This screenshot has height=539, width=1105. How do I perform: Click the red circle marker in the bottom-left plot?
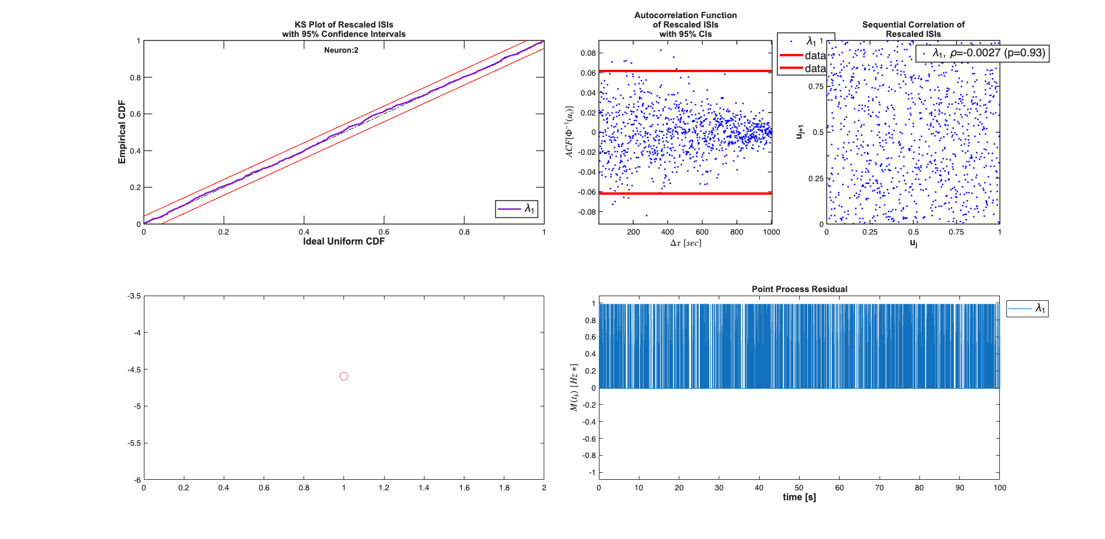coord(343,376)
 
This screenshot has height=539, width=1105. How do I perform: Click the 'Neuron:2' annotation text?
coord(341,50)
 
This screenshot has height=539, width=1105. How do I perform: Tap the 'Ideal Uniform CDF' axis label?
coord(343,242)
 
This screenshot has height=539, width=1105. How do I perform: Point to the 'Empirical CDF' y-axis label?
coord(122,132)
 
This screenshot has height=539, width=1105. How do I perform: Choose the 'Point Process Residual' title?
coord(799,289)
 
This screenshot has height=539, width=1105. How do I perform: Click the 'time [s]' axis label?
coord(799,497)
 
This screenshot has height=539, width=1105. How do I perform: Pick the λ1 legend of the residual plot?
coord(1027,309)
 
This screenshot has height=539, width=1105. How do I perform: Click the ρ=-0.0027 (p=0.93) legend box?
coord(982,53)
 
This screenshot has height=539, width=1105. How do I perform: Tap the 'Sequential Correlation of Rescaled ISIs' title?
coord(913,29)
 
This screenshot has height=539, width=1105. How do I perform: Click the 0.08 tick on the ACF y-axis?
coord(588,53)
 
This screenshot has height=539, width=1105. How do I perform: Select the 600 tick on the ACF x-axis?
coord(702,232)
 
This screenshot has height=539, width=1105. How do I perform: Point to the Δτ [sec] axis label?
coord(685,243)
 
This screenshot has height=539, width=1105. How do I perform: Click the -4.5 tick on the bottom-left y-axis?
coord(134,369)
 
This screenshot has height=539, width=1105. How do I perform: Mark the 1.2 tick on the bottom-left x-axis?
coord(384,488)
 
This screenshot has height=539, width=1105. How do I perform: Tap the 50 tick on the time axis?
coord(799,488)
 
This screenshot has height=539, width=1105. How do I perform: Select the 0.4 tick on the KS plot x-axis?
coord(304,232)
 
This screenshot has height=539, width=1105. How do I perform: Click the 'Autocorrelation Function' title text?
coord(685,15)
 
